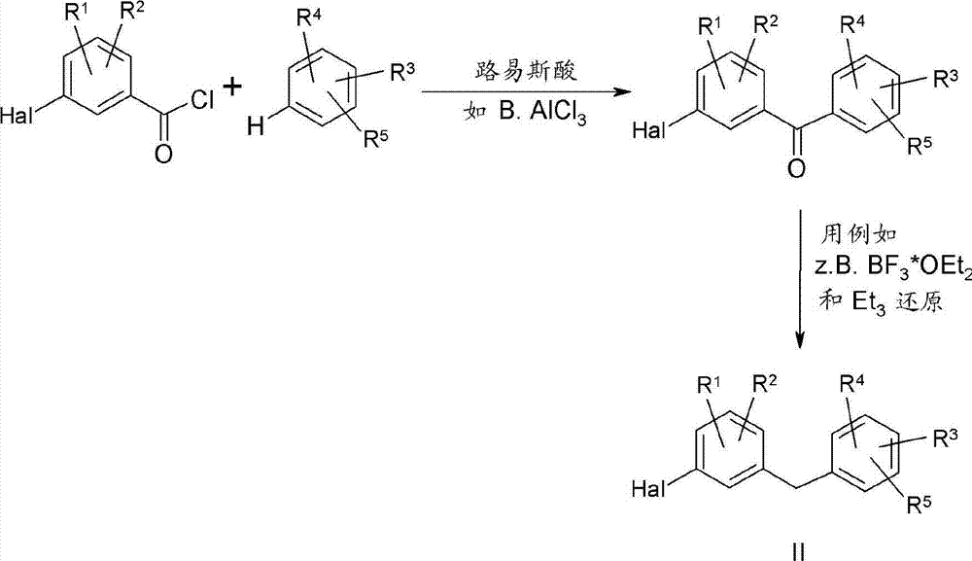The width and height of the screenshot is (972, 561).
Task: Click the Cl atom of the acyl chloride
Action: click(x=203, y=99)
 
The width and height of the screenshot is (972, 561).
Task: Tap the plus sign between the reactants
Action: click(x=232, y=87)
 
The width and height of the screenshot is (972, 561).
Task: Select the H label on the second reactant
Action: click(x=256, y=127)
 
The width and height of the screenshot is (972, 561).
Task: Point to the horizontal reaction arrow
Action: click(x=526, y=93)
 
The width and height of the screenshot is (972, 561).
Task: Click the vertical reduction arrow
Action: click(x=800, y=280)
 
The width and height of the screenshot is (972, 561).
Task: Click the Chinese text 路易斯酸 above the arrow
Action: click(x=526, y=71)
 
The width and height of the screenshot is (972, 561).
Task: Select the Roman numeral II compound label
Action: click(x=799, y=550)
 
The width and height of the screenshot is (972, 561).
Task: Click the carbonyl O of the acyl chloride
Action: click(x=163, y=153)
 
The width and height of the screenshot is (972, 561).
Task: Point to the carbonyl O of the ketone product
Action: click(x=797, y=167)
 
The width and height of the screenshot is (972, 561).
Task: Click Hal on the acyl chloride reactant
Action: click(x=17, y=116)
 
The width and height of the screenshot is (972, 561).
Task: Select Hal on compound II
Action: click(x=647, y=490)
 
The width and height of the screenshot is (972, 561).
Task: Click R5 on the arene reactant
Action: click(x=376, y=138)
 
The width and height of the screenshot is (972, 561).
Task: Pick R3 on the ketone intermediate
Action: click(x=946, y=79)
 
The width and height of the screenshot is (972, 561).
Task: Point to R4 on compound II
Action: click(x=852, y=384)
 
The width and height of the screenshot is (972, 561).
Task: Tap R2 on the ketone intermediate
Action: click(x=766, y=25)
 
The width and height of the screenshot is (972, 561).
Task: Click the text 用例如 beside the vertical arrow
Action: click(x=859, y=235)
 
